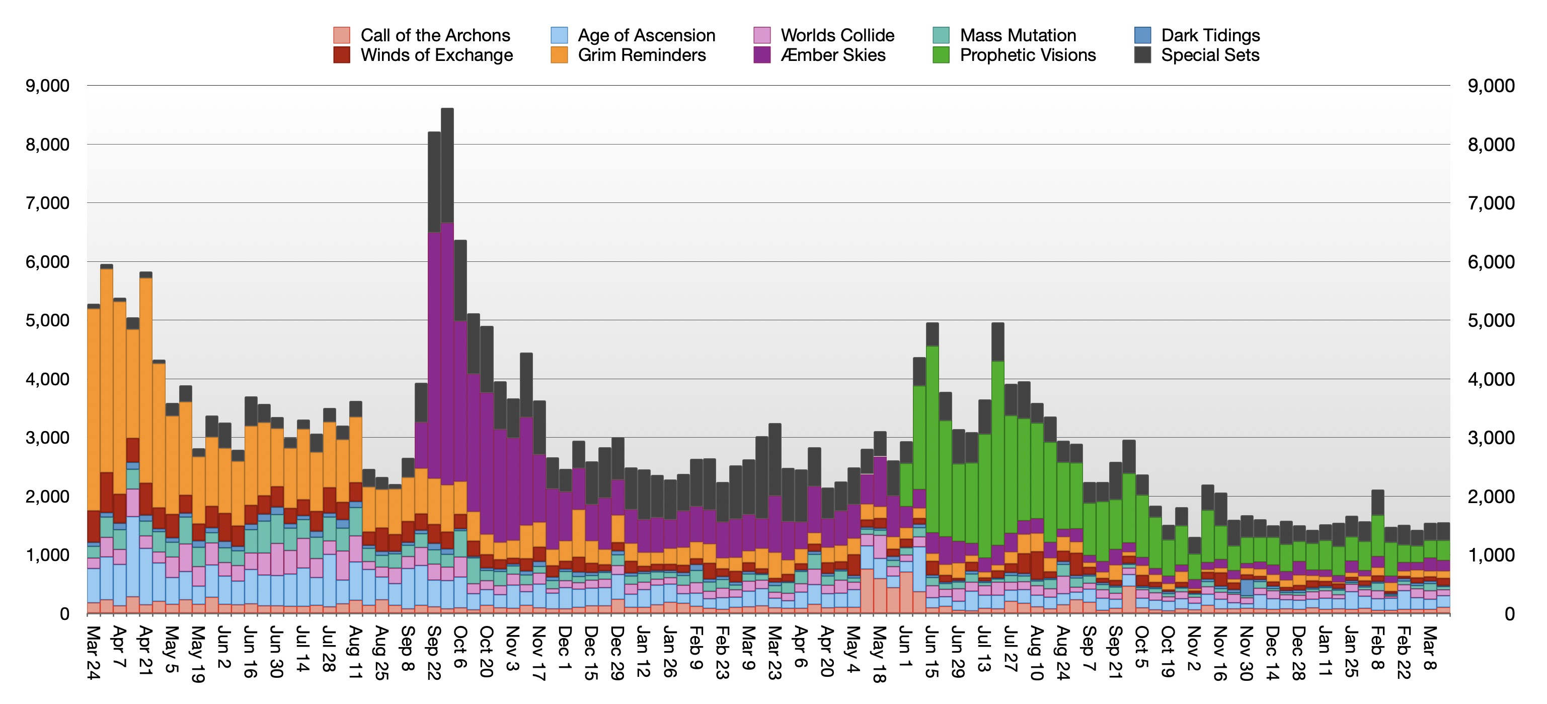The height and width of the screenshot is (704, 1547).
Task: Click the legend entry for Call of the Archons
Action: click(435, 35)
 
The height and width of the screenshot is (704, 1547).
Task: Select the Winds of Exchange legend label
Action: click(437, 55)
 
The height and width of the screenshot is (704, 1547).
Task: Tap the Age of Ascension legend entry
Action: click(646, 35)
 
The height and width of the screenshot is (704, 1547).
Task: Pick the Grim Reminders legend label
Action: click(641, 55)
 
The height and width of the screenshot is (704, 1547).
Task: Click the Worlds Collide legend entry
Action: click(837, 35)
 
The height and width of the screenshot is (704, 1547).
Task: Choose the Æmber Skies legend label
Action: click(833, 55)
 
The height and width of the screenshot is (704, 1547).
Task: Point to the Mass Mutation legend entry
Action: click(1017, 35)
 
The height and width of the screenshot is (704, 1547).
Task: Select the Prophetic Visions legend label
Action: click(1028, 55)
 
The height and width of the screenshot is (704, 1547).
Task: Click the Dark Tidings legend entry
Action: click(1210, 35)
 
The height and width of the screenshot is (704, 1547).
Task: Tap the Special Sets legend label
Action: click(1209, 55)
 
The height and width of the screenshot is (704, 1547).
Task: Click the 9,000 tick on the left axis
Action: click(47, 86)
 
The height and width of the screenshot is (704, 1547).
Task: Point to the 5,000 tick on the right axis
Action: click(1491, 320)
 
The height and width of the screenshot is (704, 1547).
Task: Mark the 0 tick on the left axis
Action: click(64, 614)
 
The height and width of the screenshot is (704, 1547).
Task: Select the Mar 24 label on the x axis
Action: click(93, 652)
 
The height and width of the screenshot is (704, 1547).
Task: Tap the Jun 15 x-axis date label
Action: click(932, 652)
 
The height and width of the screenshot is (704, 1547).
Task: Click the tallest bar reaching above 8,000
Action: click(447, 361)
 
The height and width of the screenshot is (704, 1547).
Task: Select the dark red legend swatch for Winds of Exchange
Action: click(342, 55)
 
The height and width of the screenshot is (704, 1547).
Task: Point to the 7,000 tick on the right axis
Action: click(1491, 203)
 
